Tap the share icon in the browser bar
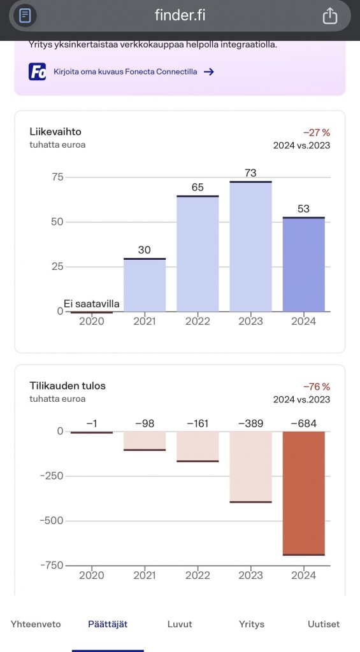329,16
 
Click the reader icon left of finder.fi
25,16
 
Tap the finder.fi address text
180,16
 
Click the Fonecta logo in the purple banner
38,71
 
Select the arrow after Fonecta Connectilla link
208,72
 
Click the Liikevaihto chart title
55,132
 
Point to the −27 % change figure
317,132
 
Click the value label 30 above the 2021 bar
145,250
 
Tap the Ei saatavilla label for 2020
92,304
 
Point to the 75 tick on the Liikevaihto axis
57,177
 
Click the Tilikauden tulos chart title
68,386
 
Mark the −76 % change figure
317,386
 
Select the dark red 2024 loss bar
303,493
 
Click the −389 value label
250,423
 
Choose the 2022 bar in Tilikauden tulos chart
198,446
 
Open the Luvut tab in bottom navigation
180,624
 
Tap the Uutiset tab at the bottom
324,624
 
